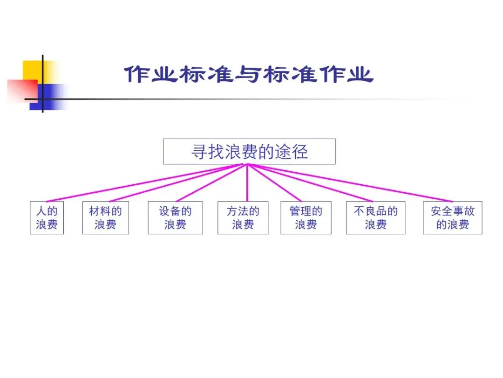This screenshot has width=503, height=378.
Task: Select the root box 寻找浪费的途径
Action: [x=249, y=152]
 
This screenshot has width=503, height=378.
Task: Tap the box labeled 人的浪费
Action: [x=47, y=218]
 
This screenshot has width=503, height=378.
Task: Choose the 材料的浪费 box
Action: [x=105, y=218]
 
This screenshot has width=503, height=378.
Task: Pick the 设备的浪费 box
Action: [x=175, y=218]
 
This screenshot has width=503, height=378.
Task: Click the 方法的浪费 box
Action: [x=243, y=218]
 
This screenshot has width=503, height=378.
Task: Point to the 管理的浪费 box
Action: [x=306, y=218]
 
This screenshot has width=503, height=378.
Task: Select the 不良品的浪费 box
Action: [x=375, y=218]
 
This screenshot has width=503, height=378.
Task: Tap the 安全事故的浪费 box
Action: [x=452, y=218]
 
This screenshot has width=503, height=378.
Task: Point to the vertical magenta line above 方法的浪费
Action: [x=247, y=184]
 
